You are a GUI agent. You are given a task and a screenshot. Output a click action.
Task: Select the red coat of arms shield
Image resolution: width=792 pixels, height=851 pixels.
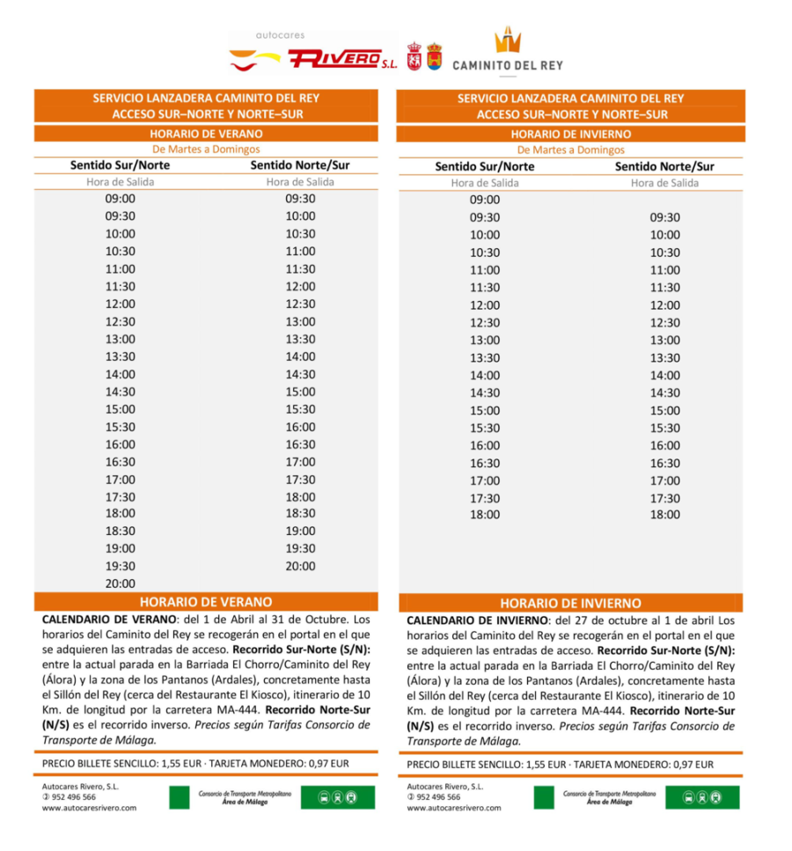click(x=413, y=56)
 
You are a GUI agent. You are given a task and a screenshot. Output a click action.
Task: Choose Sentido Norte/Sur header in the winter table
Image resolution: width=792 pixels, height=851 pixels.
click(x=664, y=166)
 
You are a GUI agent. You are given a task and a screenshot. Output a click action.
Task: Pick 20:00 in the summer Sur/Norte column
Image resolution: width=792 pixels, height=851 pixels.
click(x=121, y=583)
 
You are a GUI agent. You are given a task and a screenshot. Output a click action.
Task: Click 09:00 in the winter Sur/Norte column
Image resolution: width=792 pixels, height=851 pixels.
click(x=485, y=200)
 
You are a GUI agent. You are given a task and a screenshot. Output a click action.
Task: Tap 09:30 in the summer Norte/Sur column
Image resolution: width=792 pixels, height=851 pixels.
click(x=300, y=198)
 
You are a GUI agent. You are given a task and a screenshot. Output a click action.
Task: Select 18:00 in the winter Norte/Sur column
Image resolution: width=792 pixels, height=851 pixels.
click(x=665, y=515)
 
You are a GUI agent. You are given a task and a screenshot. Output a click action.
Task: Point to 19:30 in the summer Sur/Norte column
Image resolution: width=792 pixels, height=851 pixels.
click(x=121, y=566)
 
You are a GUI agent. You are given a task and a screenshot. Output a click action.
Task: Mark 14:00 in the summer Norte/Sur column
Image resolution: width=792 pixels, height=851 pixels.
click(x=300, y=356)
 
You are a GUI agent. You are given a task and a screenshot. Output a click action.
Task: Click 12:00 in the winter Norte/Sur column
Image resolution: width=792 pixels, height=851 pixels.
click(x=665, y=305)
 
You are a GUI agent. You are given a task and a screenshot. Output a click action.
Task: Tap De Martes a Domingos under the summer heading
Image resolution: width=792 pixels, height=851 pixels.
click(x=206, y=150)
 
